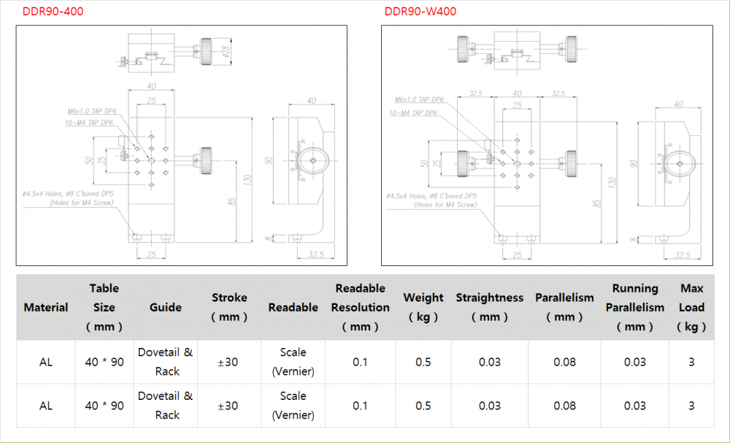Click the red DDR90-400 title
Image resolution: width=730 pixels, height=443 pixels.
[x=47, y=12]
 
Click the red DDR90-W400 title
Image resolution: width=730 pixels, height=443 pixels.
[x=420, y=12]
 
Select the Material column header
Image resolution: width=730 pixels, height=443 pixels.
[x=46, y=308]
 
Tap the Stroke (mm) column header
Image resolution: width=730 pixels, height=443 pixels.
[x=229, y=308]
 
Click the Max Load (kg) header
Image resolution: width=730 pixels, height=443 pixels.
[x=691, y=308]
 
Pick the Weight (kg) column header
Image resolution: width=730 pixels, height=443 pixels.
[x=423, y=308]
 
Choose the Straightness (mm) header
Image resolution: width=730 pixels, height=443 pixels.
[x=489, y=308]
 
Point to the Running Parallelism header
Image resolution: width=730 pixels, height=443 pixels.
[x=634, y=308]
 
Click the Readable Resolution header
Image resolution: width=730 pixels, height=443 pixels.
[x=360, y=308]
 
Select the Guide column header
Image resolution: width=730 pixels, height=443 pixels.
[x=166, y=308]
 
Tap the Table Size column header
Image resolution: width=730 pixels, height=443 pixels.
[x=104, y=308]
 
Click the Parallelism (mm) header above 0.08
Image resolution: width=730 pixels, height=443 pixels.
[x=564, y=308]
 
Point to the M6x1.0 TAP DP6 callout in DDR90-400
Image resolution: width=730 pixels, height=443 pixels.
[x=92, y=111]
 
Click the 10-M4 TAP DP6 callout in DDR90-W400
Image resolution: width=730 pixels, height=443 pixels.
[x=413, y=113]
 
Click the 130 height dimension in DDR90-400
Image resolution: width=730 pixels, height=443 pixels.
[x=248, y=180]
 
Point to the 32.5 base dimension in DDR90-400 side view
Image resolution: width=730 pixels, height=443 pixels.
[x=315, y=254]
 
